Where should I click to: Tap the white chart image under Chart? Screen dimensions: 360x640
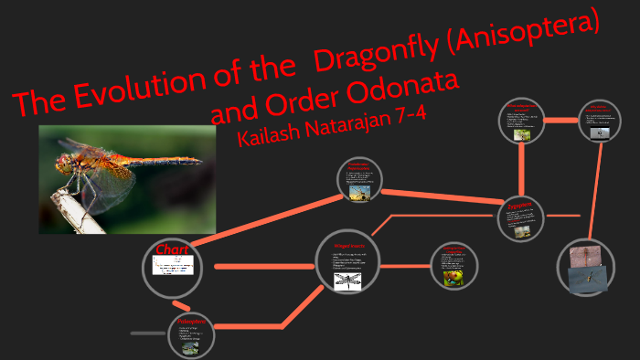[173, 266]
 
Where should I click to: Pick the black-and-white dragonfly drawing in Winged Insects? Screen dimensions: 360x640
[347, 281]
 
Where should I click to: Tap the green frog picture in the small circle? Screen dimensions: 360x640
[453, 277]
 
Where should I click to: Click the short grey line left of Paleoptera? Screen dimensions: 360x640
[147, 334]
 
